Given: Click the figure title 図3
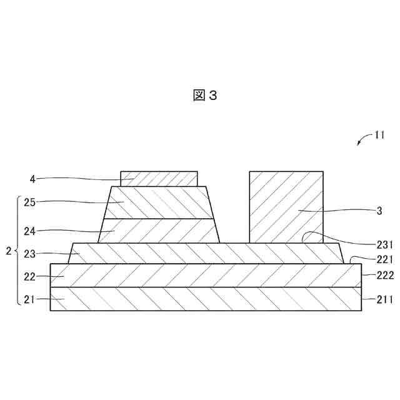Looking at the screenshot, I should coord(204,95).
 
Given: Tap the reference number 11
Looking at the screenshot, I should coord(379,134).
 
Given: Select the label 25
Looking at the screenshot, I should coord(28,201).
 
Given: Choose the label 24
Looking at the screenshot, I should coord(28,231).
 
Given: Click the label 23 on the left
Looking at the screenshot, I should coord(28,253).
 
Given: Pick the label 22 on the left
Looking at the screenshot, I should coord(28,276).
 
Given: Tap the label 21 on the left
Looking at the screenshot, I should coord(28,299).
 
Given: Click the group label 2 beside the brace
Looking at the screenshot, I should coord(7,251).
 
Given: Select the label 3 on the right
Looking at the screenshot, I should coord(379,211).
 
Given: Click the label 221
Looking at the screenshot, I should coord(384,259).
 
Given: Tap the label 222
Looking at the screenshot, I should coord(384,275).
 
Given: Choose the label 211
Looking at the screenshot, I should coord(384,299).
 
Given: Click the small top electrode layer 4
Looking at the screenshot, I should coord(159,179).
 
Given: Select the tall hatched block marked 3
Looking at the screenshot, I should coord(286,206).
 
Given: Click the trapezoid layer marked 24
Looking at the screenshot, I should coord(159,231).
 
